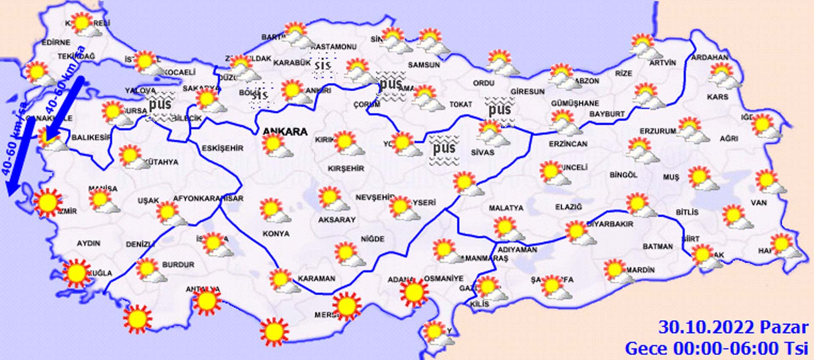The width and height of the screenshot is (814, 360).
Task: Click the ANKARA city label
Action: (285, 131)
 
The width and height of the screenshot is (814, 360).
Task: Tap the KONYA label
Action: (276, 234)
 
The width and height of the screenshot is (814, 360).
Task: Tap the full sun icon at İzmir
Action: (47, 203)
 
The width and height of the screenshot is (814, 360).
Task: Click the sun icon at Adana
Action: (414, 292)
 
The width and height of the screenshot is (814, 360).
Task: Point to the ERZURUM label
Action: (658, 131)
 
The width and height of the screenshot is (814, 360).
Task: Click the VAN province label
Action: (758, 203)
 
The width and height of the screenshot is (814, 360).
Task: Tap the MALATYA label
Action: (506, 208)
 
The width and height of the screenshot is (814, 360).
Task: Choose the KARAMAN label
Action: (316, 279)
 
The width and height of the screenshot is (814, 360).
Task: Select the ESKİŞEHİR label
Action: (223, 148)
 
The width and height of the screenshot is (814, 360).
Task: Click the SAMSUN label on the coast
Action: (424, 65)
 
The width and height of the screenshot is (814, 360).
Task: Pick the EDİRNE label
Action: (56, 42)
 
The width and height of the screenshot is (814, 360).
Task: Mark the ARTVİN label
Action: (663, 63)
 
